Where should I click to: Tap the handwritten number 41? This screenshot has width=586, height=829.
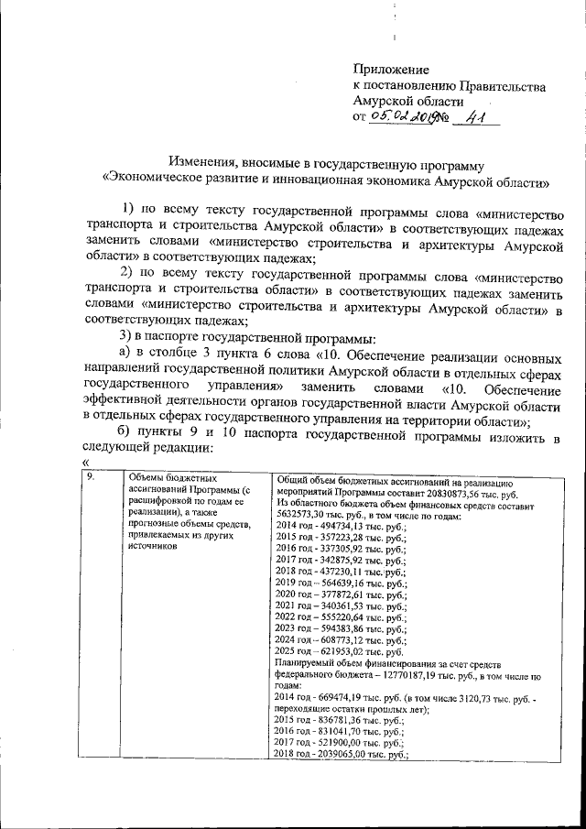click(x=474, y=118)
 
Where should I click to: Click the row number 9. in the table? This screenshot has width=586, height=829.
click(x=91, y=478)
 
